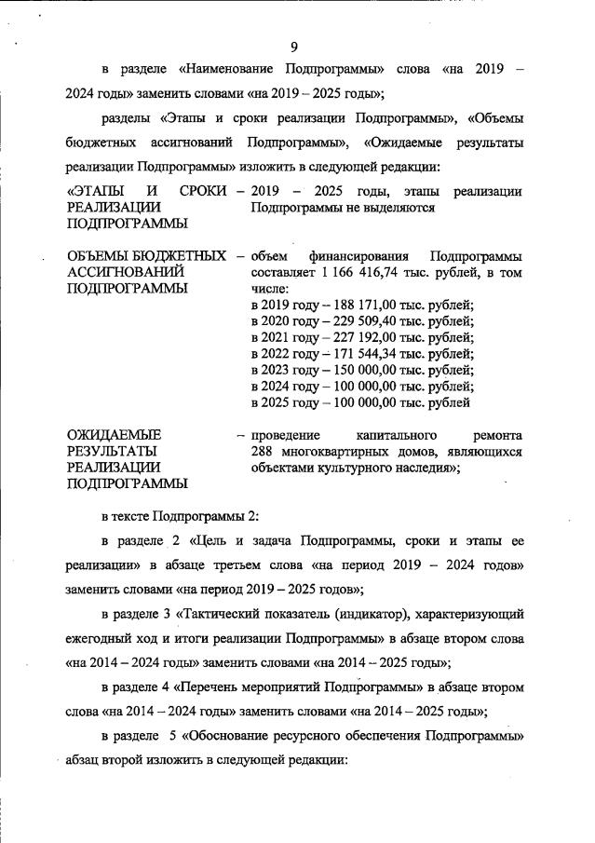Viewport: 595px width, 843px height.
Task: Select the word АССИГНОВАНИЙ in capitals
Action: (x=124, y=272)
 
